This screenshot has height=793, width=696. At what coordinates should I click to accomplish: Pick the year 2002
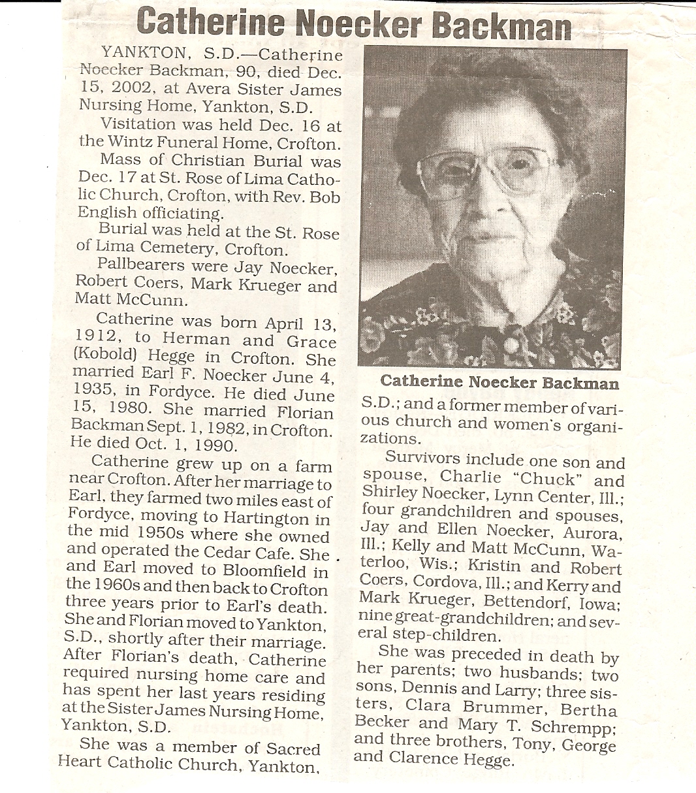pos(129,89)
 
